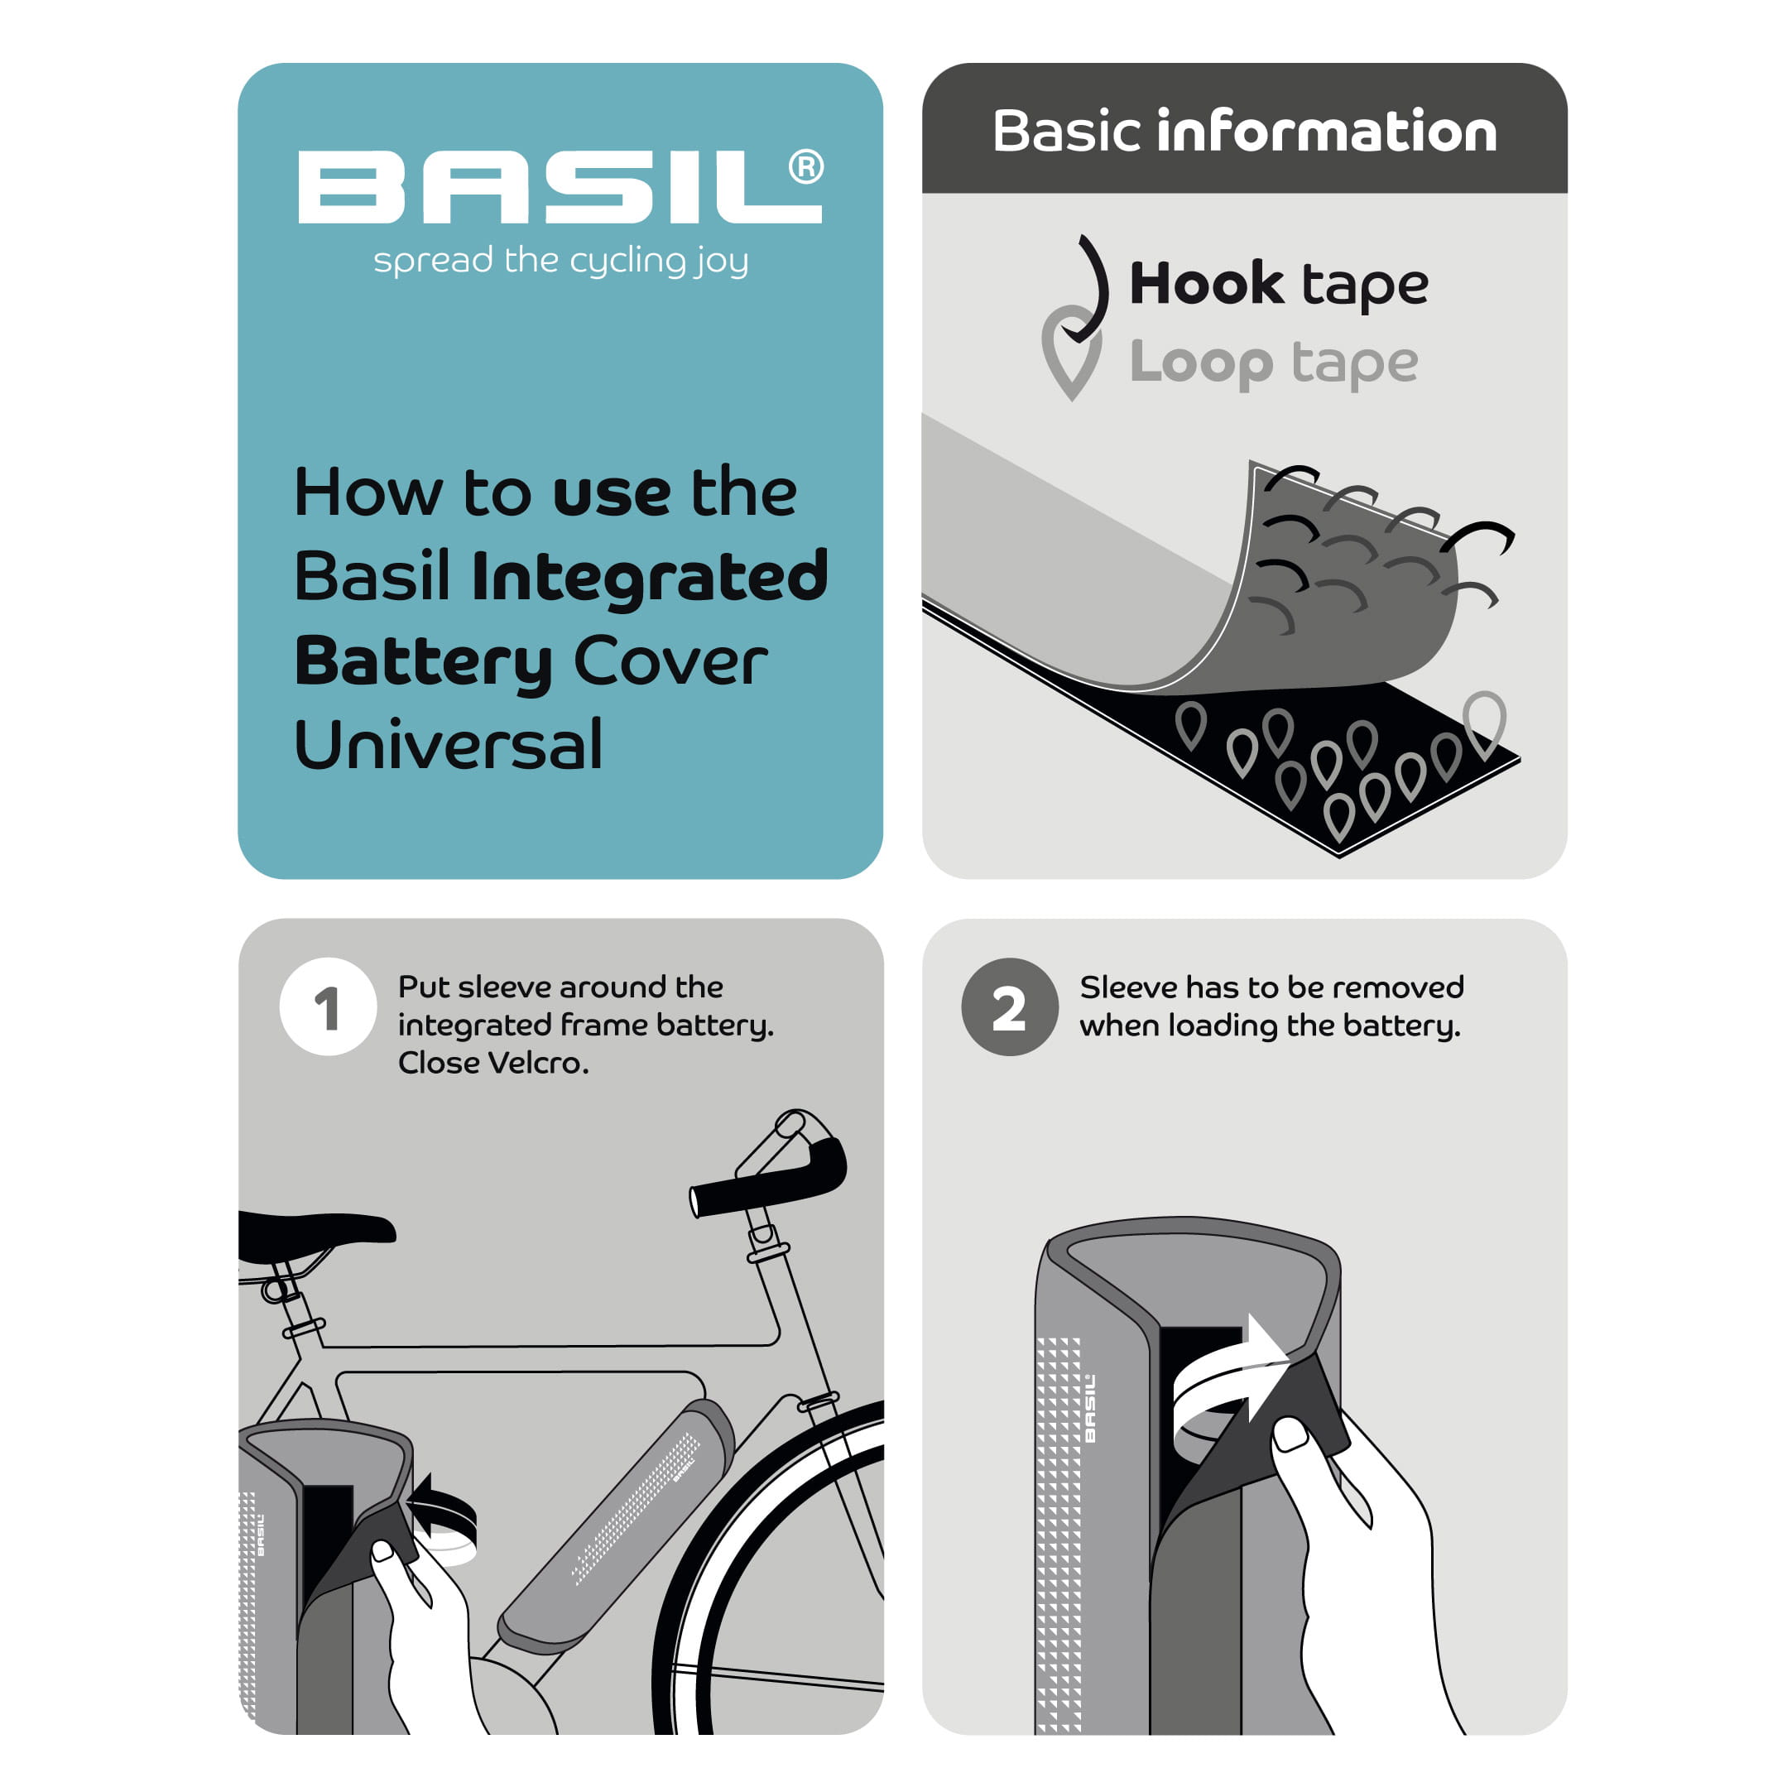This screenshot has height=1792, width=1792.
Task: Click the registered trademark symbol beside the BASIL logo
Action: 806,167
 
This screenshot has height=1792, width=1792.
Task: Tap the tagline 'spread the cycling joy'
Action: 561,262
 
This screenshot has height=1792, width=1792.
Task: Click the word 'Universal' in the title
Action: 449,746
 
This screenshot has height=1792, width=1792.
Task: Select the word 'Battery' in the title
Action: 424,662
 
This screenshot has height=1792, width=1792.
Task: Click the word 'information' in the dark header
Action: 1326,131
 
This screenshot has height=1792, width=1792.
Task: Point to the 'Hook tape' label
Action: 1279,284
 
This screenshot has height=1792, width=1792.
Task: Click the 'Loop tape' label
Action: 1274,363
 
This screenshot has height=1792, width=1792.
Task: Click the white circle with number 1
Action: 328,1006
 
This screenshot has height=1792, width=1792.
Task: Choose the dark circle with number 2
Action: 1009,1006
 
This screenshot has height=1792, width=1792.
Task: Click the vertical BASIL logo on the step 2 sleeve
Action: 1090,1408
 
